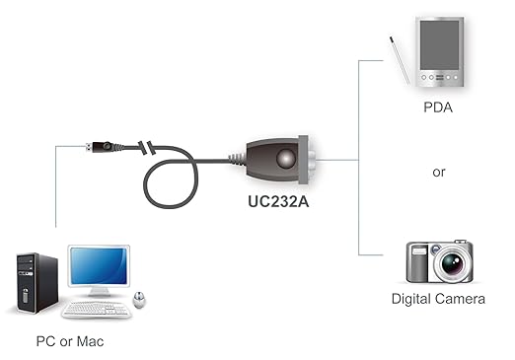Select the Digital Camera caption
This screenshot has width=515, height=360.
pyautogui.click(x=438, y=298)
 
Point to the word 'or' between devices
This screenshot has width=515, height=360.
pyautogui.click(x=439, y=172)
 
